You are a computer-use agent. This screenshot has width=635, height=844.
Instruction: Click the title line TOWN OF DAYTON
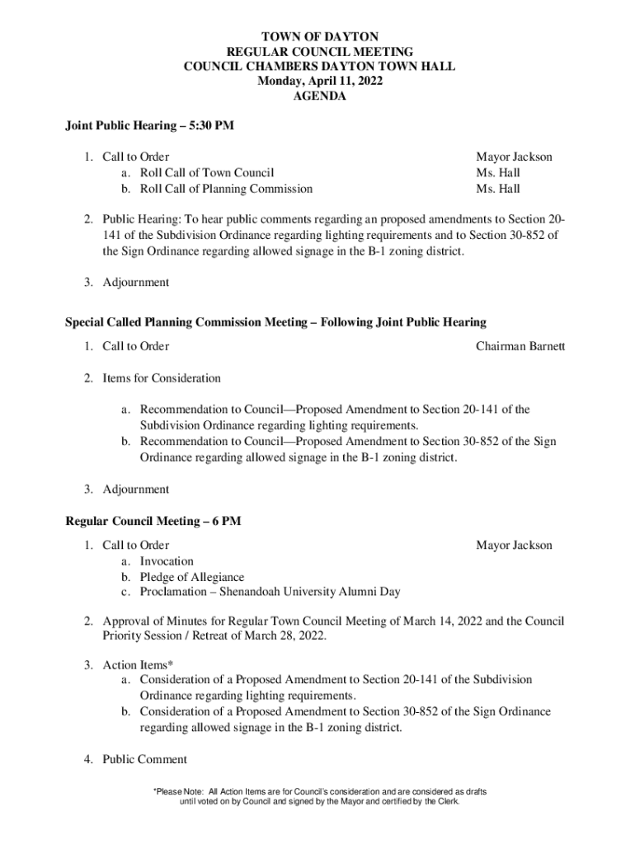pyautogui.click(x=318, y=37)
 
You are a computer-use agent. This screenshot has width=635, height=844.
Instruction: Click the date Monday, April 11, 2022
pyautogui.click(x=318, y=82)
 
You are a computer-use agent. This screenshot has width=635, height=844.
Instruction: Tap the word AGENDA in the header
pyautogui.click(x=318, y=96)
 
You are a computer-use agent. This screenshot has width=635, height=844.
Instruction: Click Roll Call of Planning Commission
pyautogui.click(x=226, y=189)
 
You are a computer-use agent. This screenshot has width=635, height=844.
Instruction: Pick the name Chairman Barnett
pyautogui.click(x=520, y=346)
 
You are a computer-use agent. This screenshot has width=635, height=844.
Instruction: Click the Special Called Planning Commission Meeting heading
pyautogui.click(x=275, y=321)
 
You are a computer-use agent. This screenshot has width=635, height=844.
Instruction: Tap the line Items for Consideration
pyautogui.click(x=162, y=378)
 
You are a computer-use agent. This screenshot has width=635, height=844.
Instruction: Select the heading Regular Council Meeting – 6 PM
pyautogui.click(x=153, y=521)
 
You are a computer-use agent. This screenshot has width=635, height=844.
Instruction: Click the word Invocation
pyautogui.click(x=167, y=561)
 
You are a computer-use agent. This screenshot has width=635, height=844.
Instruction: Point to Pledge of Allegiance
pyautogui.click(x=191, y=577)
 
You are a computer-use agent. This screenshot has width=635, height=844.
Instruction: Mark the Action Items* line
pyautogui.click(x=138, y=664)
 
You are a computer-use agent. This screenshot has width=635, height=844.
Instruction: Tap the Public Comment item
pyautogui.click(x=145, y=759)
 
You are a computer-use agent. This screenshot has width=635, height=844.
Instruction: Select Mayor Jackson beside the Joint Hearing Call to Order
pyautogui.click(x=514, y=157)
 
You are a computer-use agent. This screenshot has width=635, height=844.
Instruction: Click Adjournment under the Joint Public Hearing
pyautogui.click(x=136, y=282)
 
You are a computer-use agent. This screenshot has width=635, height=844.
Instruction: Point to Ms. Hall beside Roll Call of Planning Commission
pyautogui.click(x=497, y=189)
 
